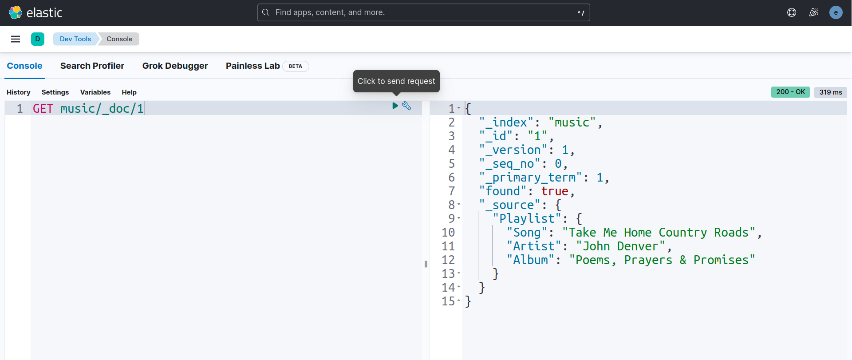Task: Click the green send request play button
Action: click(395, 106)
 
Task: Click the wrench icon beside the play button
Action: click(406, 106)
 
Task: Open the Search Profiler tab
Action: click(92, 66)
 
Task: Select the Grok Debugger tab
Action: click(175, 66)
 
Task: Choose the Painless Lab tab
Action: click(252, 66)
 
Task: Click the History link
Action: click(19, 92)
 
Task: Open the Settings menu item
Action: click(55, 92)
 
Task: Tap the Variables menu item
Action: click(95, 92)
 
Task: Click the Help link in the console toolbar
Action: click(129, 92)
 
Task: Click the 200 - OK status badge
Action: click(790, 92)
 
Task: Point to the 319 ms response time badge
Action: click(831, 92)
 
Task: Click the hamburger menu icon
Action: click(16, 39)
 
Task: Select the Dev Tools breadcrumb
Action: click(75, 39)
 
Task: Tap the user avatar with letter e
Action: click(836, 12)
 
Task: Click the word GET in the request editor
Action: click(43, 108)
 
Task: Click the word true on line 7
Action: click(555, 191)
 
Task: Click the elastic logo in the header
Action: click(35, 12)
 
